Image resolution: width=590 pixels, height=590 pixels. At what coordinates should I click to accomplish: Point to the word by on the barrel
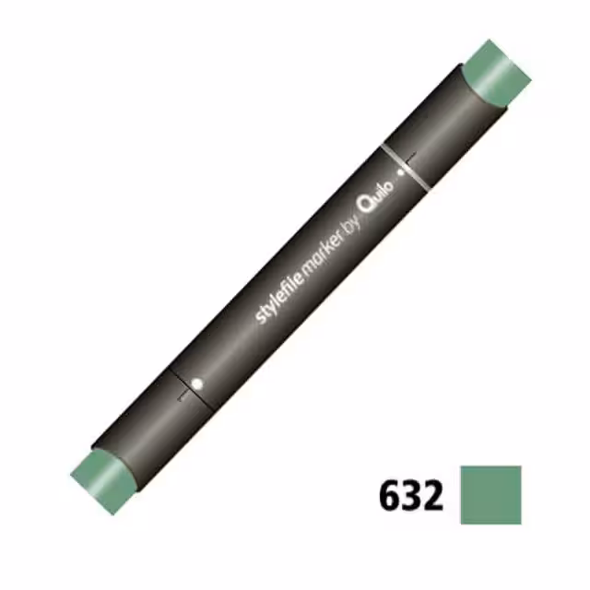tap(353, 225)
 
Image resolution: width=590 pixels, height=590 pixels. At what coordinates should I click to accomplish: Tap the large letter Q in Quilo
tap(367, 204)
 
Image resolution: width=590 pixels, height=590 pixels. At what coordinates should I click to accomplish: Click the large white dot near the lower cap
tap(197, 383)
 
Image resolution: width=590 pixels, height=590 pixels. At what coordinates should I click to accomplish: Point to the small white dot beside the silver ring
tap(401, 173)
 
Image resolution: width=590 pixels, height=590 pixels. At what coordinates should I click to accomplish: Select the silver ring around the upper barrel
tap(405, 168)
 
